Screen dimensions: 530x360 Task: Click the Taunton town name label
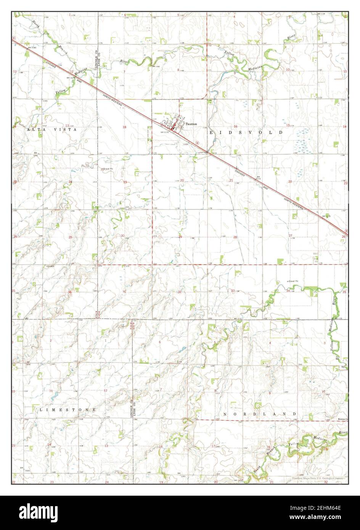pyautogui.click(x=191, y=124)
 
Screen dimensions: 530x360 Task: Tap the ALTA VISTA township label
pyautogui.click(x=52, y=130)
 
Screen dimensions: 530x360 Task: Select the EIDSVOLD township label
pyautogui.click(x=246, y=132)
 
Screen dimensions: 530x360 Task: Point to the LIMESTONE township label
pyautogui.click(x=67, y=409)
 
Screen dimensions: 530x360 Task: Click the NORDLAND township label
pyautogui.click(x=260, y=414)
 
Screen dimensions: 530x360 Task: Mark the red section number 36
pyautogui.click(x=69, y=292)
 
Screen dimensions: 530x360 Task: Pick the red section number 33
pyautogui.click(x=233, y=291)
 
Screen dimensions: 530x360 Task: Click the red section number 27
pyautogui.click(x=290, y=235)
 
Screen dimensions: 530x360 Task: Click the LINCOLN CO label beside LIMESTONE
pyautogui.click(x=131, y=410)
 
